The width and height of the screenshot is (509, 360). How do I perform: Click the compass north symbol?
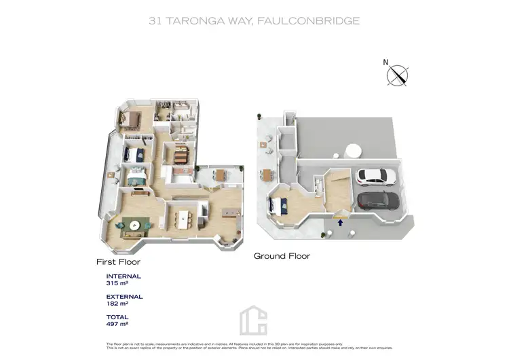398,75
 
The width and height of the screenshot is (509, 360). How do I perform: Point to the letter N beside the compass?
385,62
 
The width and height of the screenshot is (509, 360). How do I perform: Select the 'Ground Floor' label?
282,256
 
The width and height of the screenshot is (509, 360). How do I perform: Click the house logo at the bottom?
254,320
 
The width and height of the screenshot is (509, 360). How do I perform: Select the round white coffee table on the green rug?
136,225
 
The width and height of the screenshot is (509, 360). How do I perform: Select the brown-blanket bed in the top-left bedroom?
130,120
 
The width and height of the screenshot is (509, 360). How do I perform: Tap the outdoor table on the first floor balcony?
221,175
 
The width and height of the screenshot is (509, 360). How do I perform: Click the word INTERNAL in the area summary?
124,276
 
